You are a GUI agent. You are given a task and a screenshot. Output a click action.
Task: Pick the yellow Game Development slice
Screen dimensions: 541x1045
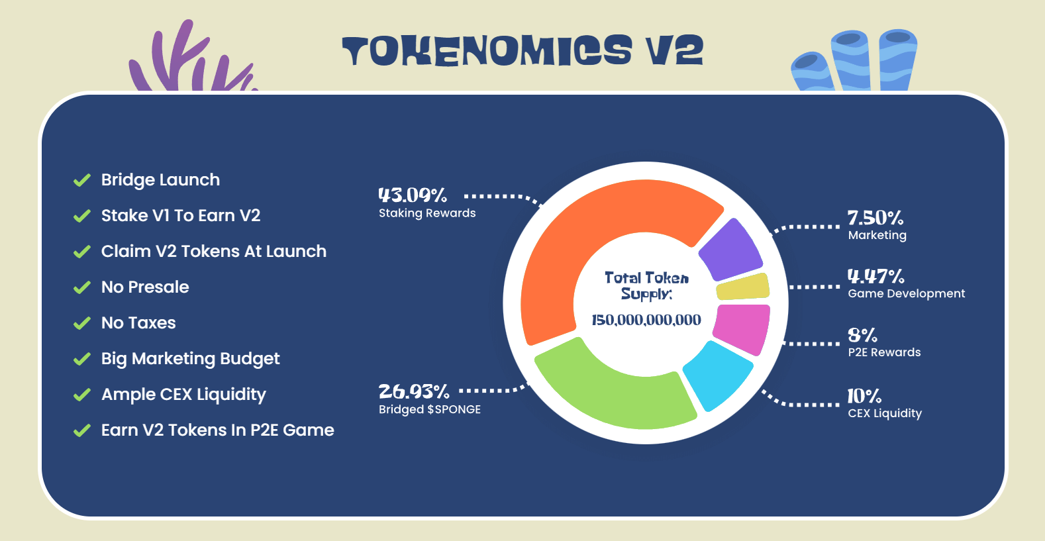[x=743, y=287]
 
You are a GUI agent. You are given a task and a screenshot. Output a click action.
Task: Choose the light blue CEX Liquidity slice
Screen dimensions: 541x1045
[x=717, y=375]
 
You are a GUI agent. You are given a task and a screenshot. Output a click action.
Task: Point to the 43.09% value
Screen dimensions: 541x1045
[x=413, y=195]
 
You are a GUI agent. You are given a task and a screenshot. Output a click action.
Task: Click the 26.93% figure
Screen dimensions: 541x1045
[x=414, y=391]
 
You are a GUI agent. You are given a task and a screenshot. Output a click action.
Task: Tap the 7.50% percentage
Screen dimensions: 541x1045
[x=875, y=218]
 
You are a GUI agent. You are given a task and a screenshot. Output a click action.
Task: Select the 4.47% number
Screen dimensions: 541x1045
[x=875, y=276]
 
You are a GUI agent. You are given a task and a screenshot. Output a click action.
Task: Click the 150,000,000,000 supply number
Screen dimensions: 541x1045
[x=646, y=320]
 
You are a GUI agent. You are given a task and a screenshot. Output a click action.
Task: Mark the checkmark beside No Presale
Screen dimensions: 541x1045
[x=82, y=287]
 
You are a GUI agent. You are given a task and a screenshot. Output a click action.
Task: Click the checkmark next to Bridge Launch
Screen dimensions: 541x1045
[x=82, y=180]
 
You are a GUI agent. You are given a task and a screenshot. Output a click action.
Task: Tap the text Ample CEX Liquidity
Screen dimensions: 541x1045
[x=183, y=395]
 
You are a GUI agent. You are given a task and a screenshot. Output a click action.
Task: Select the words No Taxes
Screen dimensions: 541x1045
[x=138, y=323]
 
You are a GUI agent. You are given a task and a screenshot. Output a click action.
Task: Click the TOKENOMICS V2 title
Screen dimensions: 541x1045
[x=522, y=50]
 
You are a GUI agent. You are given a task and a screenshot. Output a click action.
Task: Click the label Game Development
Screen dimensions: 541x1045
[x=906, y=293]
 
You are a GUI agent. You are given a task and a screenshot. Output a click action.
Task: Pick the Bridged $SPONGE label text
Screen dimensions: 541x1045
[x=430, y=409]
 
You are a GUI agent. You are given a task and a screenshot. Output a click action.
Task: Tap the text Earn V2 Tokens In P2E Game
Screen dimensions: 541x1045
[x=217, y=430]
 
